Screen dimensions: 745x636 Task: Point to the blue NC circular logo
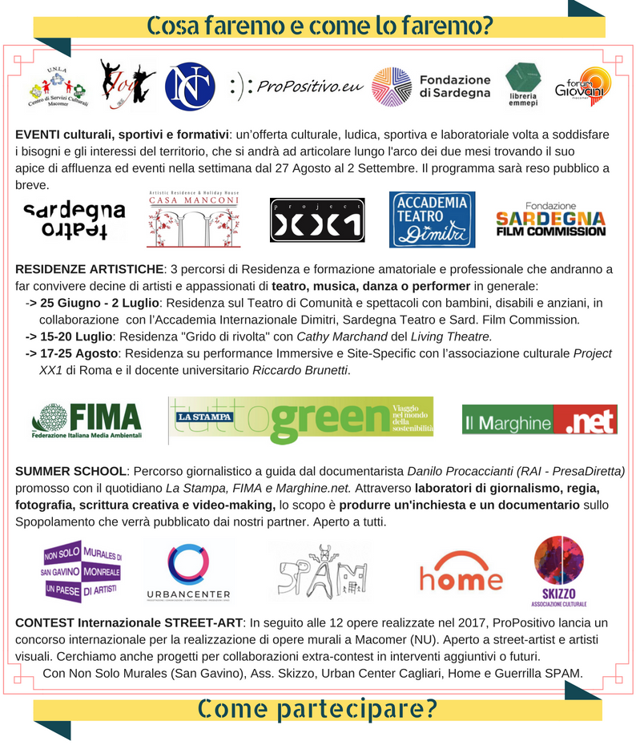tap(190, 87)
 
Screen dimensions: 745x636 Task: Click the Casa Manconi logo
tap(195, 219)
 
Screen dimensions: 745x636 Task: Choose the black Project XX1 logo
tap(317, 219)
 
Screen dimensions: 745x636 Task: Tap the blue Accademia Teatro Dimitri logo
tap(432, 219)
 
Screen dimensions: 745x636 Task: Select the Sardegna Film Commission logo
tap(551, 219)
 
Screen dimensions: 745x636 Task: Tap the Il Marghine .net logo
tap(540, 420)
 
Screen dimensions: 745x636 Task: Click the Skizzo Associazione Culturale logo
tap(559, 570)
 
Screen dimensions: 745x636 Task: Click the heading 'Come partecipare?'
tap(317, 707)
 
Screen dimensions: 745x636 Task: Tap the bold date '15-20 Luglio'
tap(77, 336)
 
